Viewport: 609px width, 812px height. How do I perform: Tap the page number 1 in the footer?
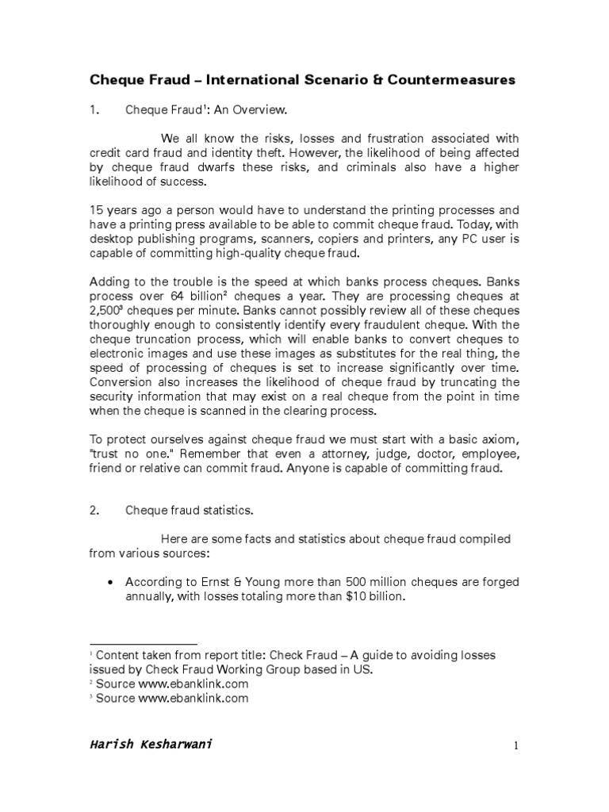515,745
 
